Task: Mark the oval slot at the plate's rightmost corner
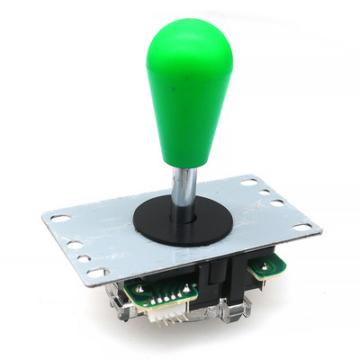coord(301,225)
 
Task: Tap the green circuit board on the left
coord(148,292)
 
